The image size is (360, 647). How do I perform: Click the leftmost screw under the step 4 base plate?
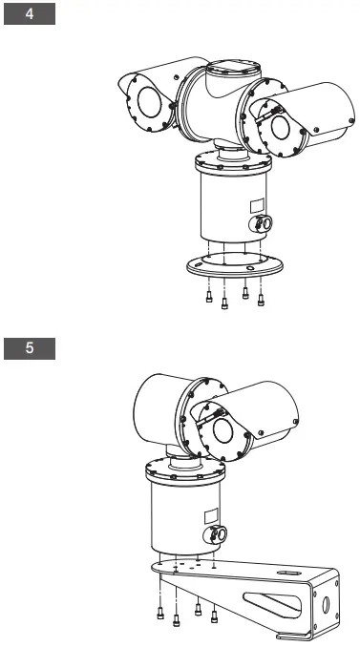[x=208, y=299]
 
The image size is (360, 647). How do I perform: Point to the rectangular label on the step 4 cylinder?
[x=256, y=205]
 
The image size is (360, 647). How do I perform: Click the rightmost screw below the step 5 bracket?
[x=214, y=613]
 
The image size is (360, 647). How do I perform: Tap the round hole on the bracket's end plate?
[x=326, y=605]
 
